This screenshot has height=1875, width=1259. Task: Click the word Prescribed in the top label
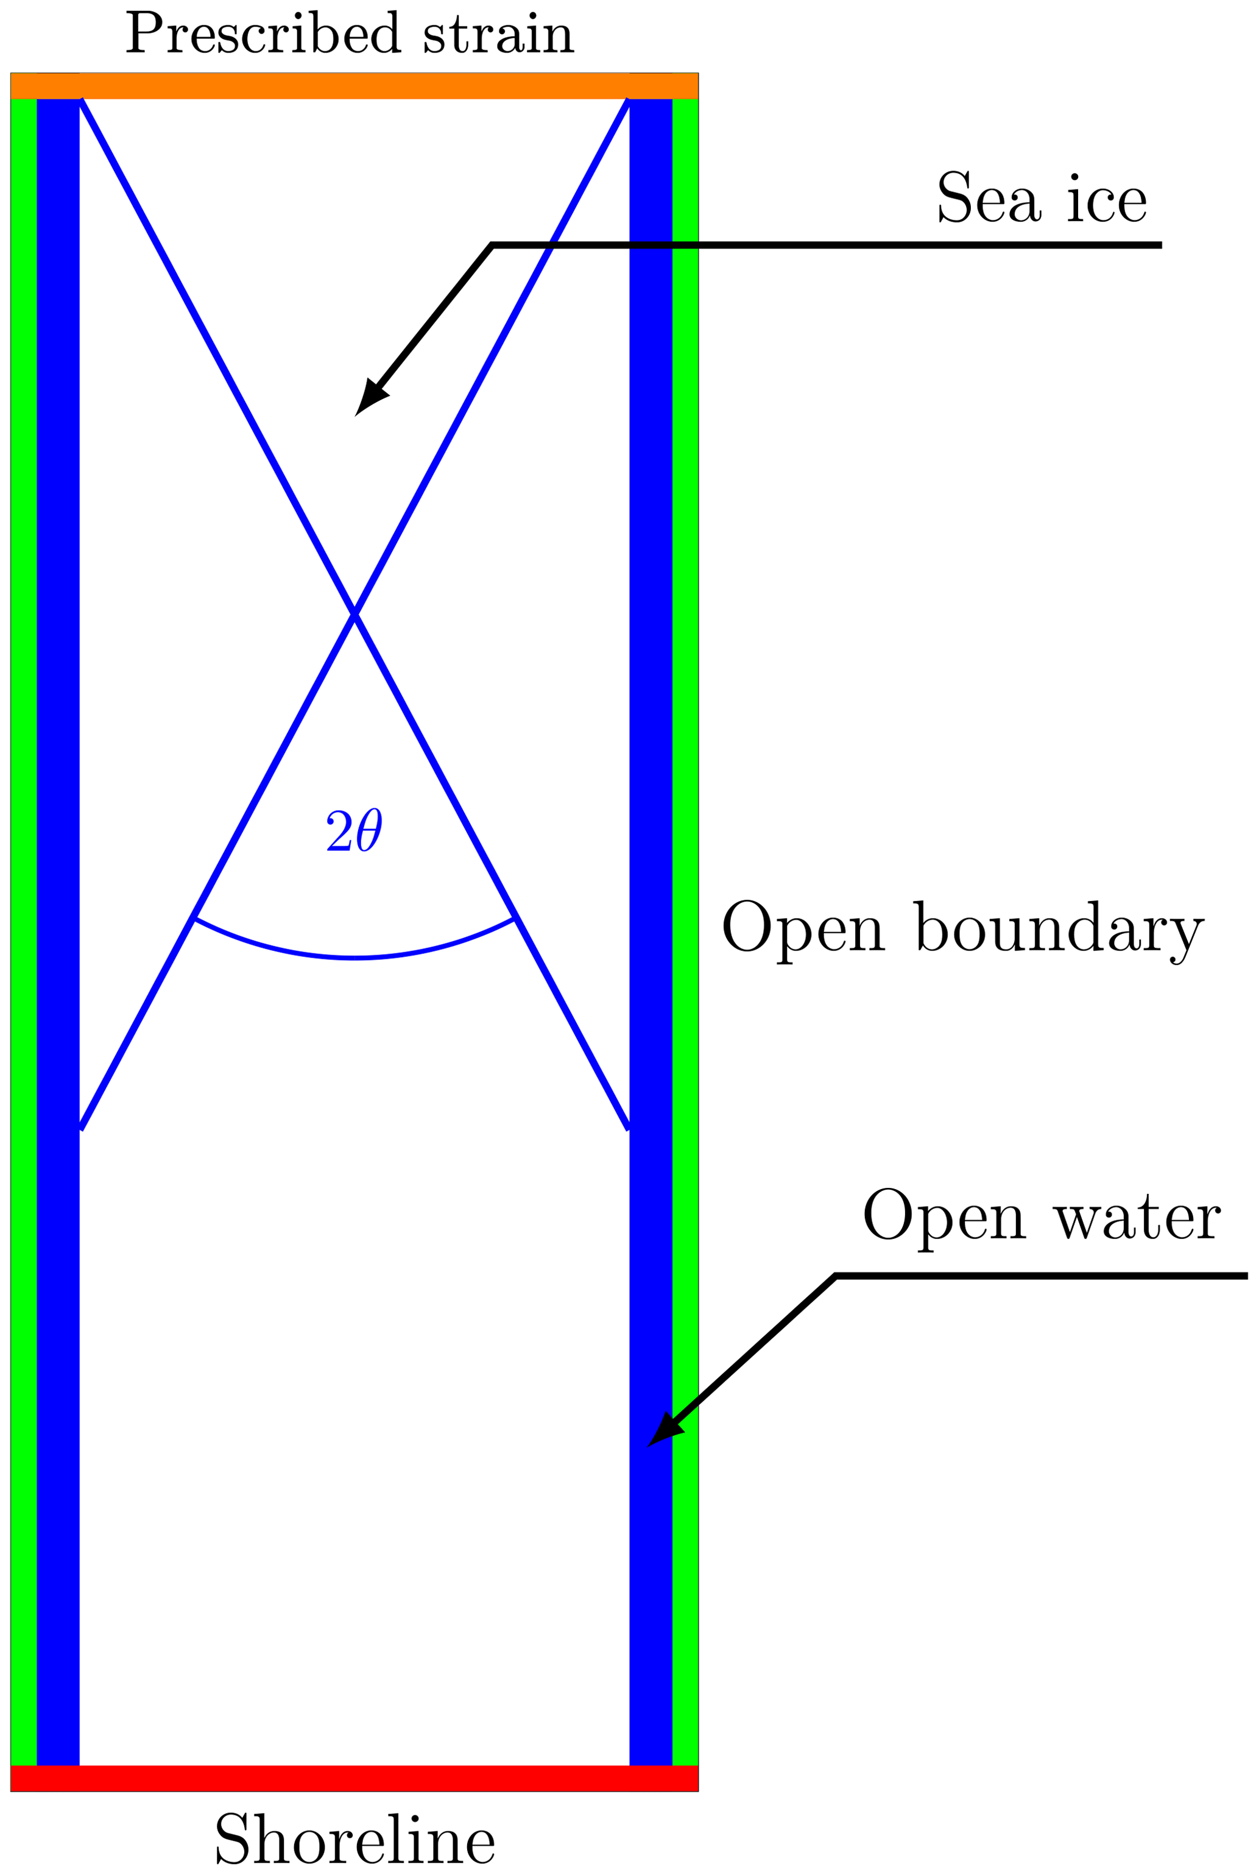pos(263,34)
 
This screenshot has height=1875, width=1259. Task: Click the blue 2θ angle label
pos(353,830)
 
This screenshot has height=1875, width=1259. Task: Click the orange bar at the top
pos(354,86)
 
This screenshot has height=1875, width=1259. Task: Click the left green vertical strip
pos(23,923)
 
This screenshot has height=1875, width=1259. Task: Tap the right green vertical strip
pos(685,923)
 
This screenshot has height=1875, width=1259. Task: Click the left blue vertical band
pos(58,923)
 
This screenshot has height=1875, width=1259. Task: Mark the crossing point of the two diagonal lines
pos(354,614)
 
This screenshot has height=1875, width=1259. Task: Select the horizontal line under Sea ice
pos(827,245)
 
